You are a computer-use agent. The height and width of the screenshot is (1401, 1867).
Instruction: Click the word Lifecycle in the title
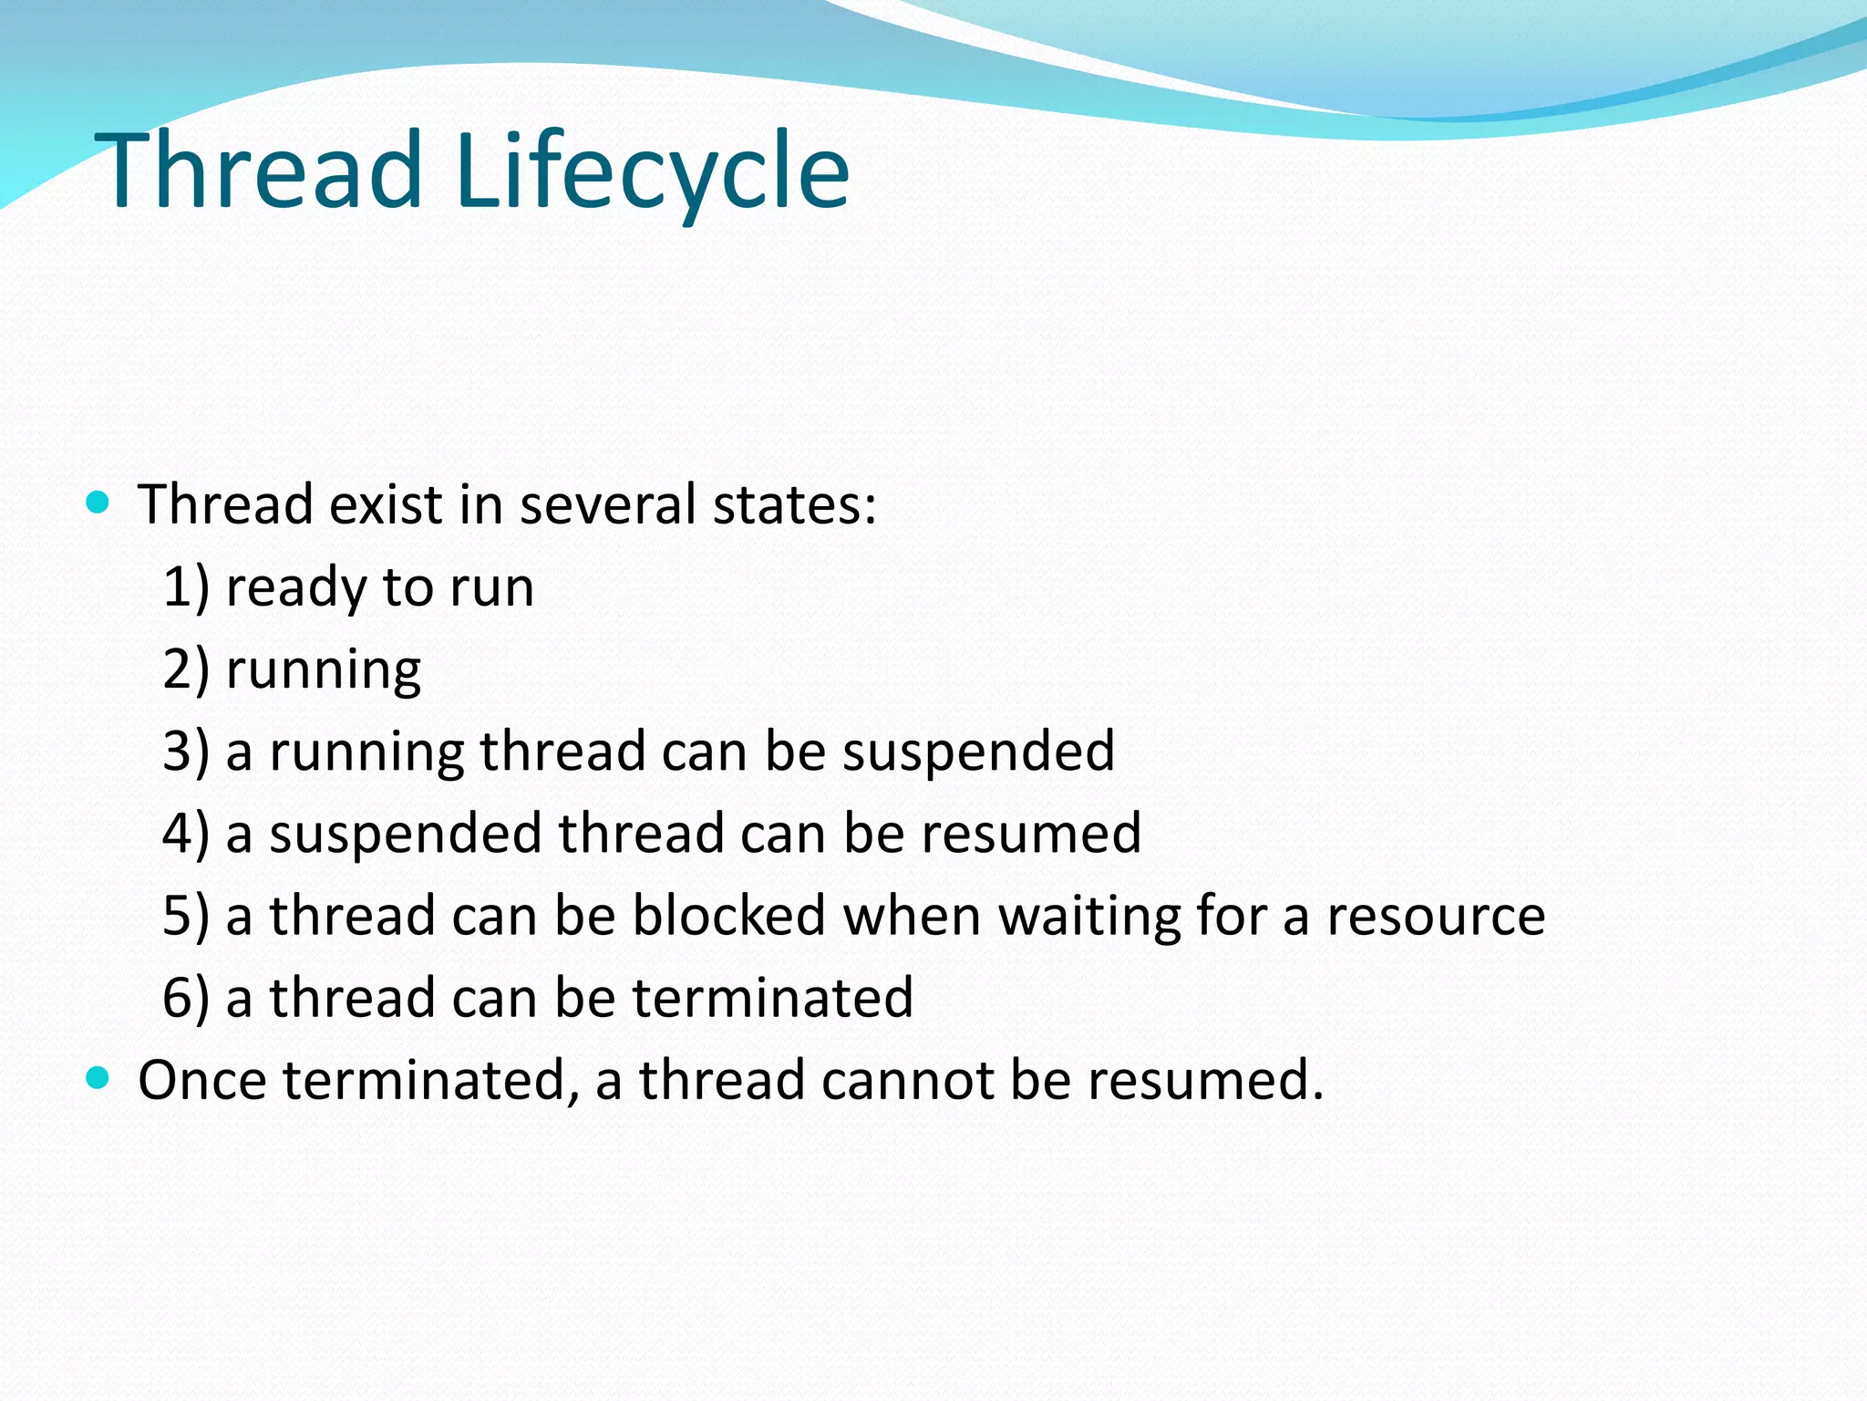click(x=652, y=171)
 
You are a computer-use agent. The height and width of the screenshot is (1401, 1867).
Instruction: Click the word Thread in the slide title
click(x=260, y=171)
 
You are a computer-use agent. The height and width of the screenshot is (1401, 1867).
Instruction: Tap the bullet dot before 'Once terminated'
click(x=98, y=1078)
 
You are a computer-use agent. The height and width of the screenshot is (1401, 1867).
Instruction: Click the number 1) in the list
click(x=186, y=586)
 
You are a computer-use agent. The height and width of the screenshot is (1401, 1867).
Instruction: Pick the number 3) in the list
click(x=186, y=751)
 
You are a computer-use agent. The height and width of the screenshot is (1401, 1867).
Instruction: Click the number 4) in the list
click(x=186, y=833)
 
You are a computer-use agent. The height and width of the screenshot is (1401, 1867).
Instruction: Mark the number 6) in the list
click(x=186, y=997)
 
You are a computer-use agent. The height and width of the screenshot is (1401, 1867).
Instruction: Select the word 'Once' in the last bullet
click(x=202, y=1080)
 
